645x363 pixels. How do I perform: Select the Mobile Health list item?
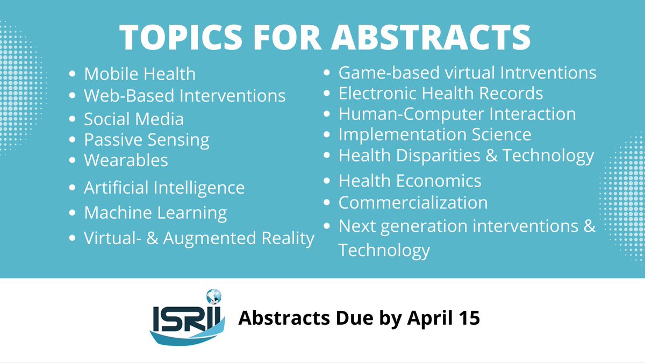click(140, 74)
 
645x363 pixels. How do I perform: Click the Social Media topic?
click(134, 119)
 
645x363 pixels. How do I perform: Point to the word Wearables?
click(126, 160)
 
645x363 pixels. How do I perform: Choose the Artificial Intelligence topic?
click(164, 188)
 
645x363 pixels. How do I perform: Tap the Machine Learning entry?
click(155, 212)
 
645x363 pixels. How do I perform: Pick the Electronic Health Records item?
click(440, 93)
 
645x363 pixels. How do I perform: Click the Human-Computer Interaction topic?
click(457, 113)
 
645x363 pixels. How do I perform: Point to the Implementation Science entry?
click(434, 134)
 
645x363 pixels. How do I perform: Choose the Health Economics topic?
click(410, 180)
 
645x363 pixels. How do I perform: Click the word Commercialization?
click(413, 202)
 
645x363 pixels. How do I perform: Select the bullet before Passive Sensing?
click(74, 140)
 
